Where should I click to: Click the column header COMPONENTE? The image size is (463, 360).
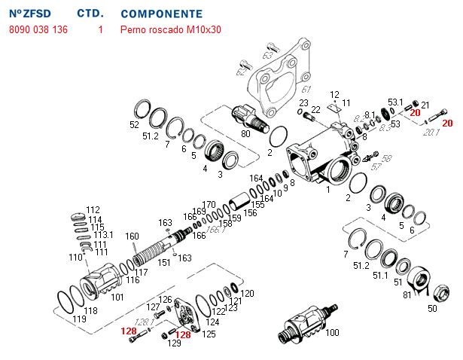(161, 14)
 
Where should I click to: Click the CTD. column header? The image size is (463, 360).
(90, 14)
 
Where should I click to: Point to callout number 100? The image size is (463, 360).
(331, 331)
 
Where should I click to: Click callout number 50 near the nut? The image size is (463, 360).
(432, 308)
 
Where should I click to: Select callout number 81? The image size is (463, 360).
(407, 294)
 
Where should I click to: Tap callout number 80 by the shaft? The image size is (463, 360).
(245, 134)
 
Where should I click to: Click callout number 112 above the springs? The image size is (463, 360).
(93, 209)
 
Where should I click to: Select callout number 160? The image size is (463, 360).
(132, 236)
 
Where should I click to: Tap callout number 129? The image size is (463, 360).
(175, 343)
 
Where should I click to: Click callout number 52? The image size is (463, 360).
(135, 125)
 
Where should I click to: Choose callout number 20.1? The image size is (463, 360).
(431, 133)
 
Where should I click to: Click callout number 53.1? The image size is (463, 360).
(396, 102)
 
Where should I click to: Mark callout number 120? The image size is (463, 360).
(248, 293)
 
